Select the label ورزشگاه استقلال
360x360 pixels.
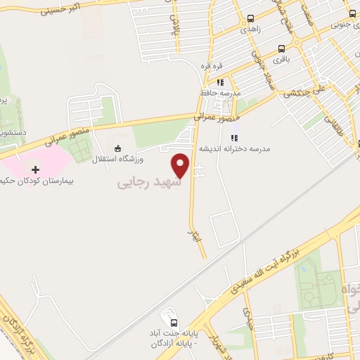coord(117,160)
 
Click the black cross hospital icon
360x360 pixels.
coord(36,169)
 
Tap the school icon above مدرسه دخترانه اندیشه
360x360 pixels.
coord(235,139)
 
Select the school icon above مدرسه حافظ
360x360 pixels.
coord(219,82)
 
